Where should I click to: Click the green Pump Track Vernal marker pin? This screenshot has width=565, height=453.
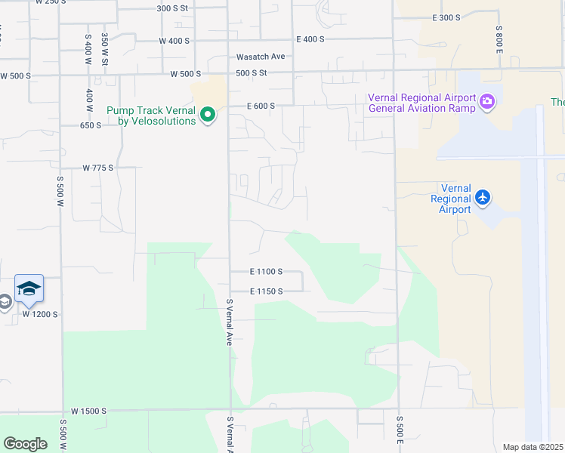tap(207, 116)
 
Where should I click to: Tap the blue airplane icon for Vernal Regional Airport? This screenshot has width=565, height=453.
tap(483, 198)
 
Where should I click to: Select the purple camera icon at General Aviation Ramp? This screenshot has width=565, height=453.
tap(487, 101)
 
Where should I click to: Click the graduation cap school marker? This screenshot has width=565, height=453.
tap(29, 288)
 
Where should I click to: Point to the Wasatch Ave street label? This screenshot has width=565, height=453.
tap(261, 57)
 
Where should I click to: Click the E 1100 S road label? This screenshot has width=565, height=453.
tap(266, 271)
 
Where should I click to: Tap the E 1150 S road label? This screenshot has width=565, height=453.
tap(266, 291)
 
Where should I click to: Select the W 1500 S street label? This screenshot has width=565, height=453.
tap(90, 411)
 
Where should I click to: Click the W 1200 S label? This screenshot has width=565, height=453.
tap(40, 314)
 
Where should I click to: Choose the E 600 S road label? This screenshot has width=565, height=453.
tap(260, 106)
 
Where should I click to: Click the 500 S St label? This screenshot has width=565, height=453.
tap(252, 73)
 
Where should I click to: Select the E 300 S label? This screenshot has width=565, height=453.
tap(446, 17)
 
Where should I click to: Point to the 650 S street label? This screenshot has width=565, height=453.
tap(91, 125)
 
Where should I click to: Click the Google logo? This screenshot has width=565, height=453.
tap(25, 444)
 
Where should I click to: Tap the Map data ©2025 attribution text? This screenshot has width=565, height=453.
tap(533, 447)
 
